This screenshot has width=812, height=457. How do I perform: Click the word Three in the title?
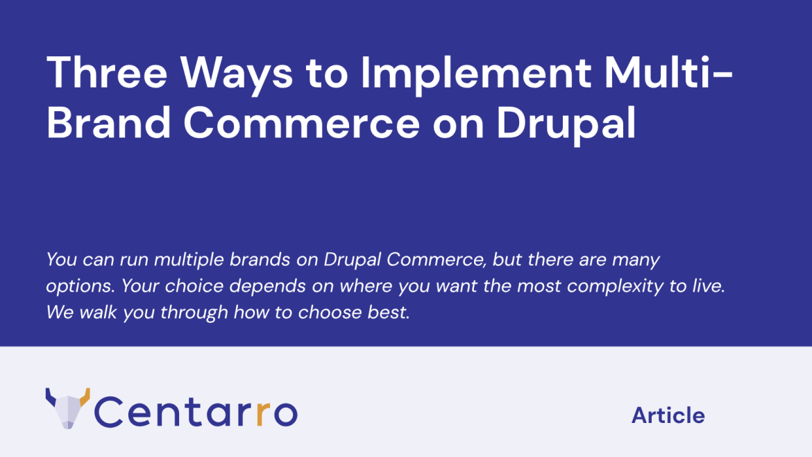point(107,72)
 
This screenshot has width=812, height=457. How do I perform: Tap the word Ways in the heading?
point(237,76)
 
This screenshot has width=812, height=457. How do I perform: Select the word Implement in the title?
point(476,76)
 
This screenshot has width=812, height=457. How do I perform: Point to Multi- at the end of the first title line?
point(668,72)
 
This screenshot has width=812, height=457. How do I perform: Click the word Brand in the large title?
point(109,123)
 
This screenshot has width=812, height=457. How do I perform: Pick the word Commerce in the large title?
point(301,124)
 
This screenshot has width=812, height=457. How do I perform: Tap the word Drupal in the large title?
point(566,126)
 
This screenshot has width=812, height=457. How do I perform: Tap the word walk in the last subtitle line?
point(98,313)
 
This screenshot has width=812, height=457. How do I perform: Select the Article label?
point(668,415)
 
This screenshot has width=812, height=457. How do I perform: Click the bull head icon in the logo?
point(68,408)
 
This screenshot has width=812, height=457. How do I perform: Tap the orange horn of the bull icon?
point(85,397)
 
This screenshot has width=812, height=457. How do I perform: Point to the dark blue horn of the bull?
point(51,397)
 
